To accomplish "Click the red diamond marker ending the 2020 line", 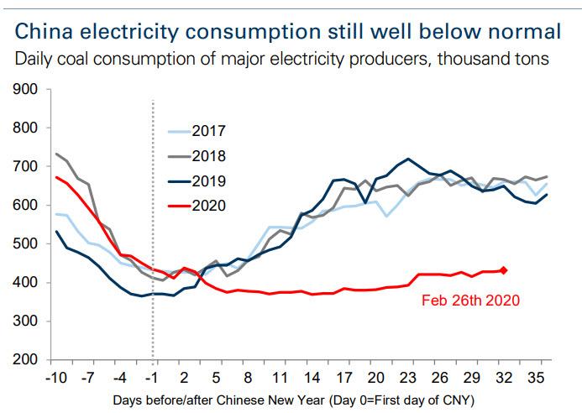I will point(504,269).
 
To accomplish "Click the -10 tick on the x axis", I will point(56,377).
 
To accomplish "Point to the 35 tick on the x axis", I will point(536,377).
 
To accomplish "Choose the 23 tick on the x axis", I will point(408,377).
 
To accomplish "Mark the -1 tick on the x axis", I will point(152,377).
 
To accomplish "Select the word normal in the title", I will point(518,32).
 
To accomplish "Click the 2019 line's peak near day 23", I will point(408,159).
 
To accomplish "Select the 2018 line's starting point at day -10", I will point(57,154).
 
